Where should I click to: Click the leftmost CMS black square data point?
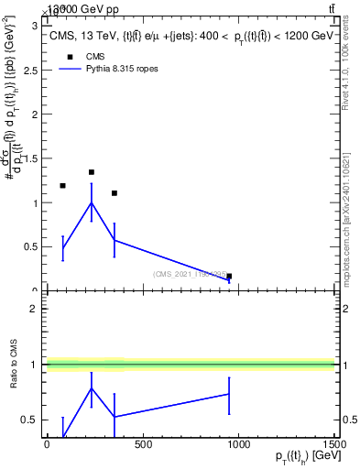(62, 186)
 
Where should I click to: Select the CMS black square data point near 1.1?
(114, 193)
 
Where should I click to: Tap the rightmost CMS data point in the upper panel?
(229, 276)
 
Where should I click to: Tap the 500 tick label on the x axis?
(143, 444)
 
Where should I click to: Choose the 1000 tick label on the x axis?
(238, 444)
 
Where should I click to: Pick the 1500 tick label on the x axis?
(333, 444)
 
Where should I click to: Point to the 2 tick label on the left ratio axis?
(34, 309)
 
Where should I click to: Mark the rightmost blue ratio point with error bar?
(229, 394)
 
